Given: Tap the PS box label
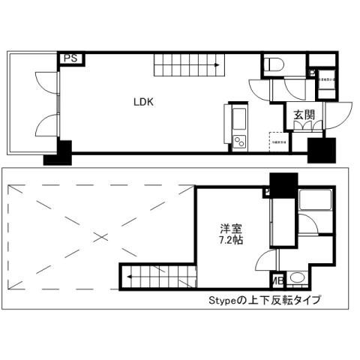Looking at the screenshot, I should [69, 58].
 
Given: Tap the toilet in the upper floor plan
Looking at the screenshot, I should [274, 65].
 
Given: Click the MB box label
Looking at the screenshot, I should [277, 282].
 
